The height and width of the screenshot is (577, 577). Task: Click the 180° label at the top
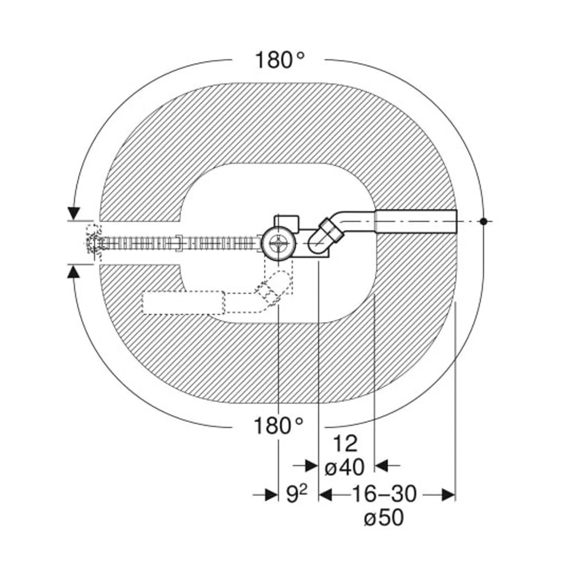pyautogui.click(x=280, y=60)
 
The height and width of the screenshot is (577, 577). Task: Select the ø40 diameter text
pyautogui.click(x=344, y=467)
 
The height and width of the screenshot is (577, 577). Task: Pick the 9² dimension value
pyautogui.click(x=297, y=494)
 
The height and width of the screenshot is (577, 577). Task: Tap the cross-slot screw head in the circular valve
pyautogui.click(x=278, y=245)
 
